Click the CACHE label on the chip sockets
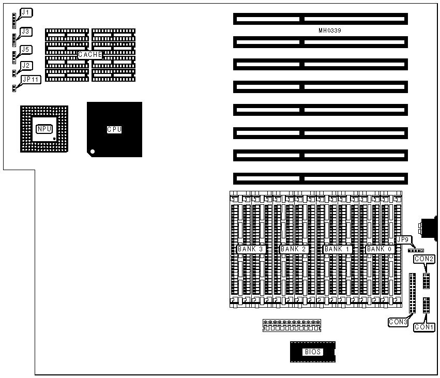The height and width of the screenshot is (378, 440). (90, 54)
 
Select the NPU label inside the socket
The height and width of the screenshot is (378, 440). (44, 128)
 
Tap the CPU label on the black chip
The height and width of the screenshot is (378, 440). (114, 129)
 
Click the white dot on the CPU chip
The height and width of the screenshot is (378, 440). (93, 152)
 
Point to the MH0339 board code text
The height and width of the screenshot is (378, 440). (329, 31)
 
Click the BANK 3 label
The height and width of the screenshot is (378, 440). (251, 249)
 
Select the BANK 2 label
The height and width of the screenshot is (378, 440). (294, 249)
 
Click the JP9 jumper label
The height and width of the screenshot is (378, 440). (402, 239)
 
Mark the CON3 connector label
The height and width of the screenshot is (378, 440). (399, 322)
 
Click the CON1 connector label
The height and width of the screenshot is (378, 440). (424, 327)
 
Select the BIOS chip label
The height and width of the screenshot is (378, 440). (312, 352)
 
